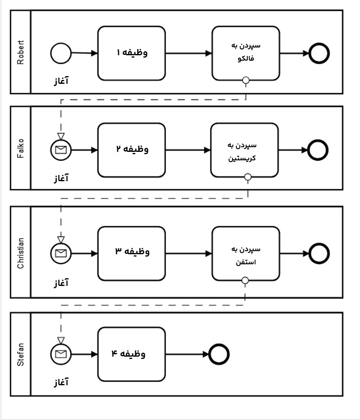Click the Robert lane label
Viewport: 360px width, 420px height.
point(20,52)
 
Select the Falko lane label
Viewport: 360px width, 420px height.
point(20,148)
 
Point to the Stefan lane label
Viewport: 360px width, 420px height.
point(20,354)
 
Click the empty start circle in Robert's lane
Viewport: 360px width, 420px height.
point(61,53)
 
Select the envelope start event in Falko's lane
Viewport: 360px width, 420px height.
point(61,150)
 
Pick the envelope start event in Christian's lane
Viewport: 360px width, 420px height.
point(61,253)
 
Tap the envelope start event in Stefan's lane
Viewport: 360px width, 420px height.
point(61,354)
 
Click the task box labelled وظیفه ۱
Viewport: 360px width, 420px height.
point(131,53)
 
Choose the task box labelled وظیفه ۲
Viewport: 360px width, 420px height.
point(131,150)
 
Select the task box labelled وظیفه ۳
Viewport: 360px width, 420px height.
point(131,253)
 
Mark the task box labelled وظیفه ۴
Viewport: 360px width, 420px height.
point(131,354)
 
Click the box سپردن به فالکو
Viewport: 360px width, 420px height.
point(246,53)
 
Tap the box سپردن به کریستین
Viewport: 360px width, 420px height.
point(245,150)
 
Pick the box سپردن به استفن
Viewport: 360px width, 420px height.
point(246,253)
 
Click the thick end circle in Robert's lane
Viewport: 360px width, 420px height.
point(319,53)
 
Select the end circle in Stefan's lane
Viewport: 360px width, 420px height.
point(219,354)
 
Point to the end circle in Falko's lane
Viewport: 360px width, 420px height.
point(318,150)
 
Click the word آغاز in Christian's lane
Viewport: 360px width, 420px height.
point(61,283)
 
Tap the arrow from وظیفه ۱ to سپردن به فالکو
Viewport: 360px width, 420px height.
point(188,53)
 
